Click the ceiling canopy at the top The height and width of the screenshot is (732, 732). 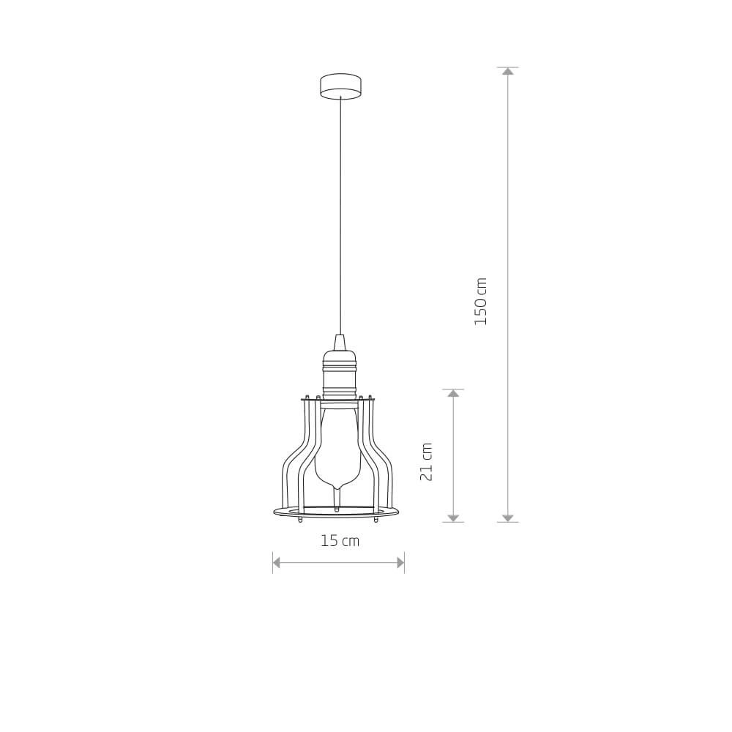click(x=340, y=85)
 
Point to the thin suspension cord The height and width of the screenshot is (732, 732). click(x=340, y=220)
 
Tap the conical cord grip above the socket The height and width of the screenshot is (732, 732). click(x=339, y=343)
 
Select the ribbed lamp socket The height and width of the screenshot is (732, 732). click(x=339, y=373)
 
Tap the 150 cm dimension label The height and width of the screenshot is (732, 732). click(x=481, y=301)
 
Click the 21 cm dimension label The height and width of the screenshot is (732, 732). click(x=427, y=462)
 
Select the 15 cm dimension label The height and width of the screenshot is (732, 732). click(x=340, y=541)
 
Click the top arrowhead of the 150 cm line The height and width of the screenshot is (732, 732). click(x=508, y=71)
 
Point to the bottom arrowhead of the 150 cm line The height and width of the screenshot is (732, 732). click(x=508, y=518)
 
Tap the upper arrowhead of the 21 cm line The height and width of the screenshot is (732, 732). click(x=453, y=393)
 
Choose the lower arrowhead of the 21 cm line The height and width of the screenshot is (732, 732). click(x=453, y=518)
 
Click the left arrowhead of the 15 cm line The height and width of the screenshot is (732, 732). click(x=277, y=562)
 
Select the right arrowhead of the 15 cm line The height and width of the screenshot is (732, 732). click(x=400, y=562)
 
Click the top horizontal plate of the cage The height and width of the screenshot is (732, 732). click(x=338, y=400)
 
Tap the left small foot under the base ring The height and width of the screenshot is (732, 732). click(x=300, y=519)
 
